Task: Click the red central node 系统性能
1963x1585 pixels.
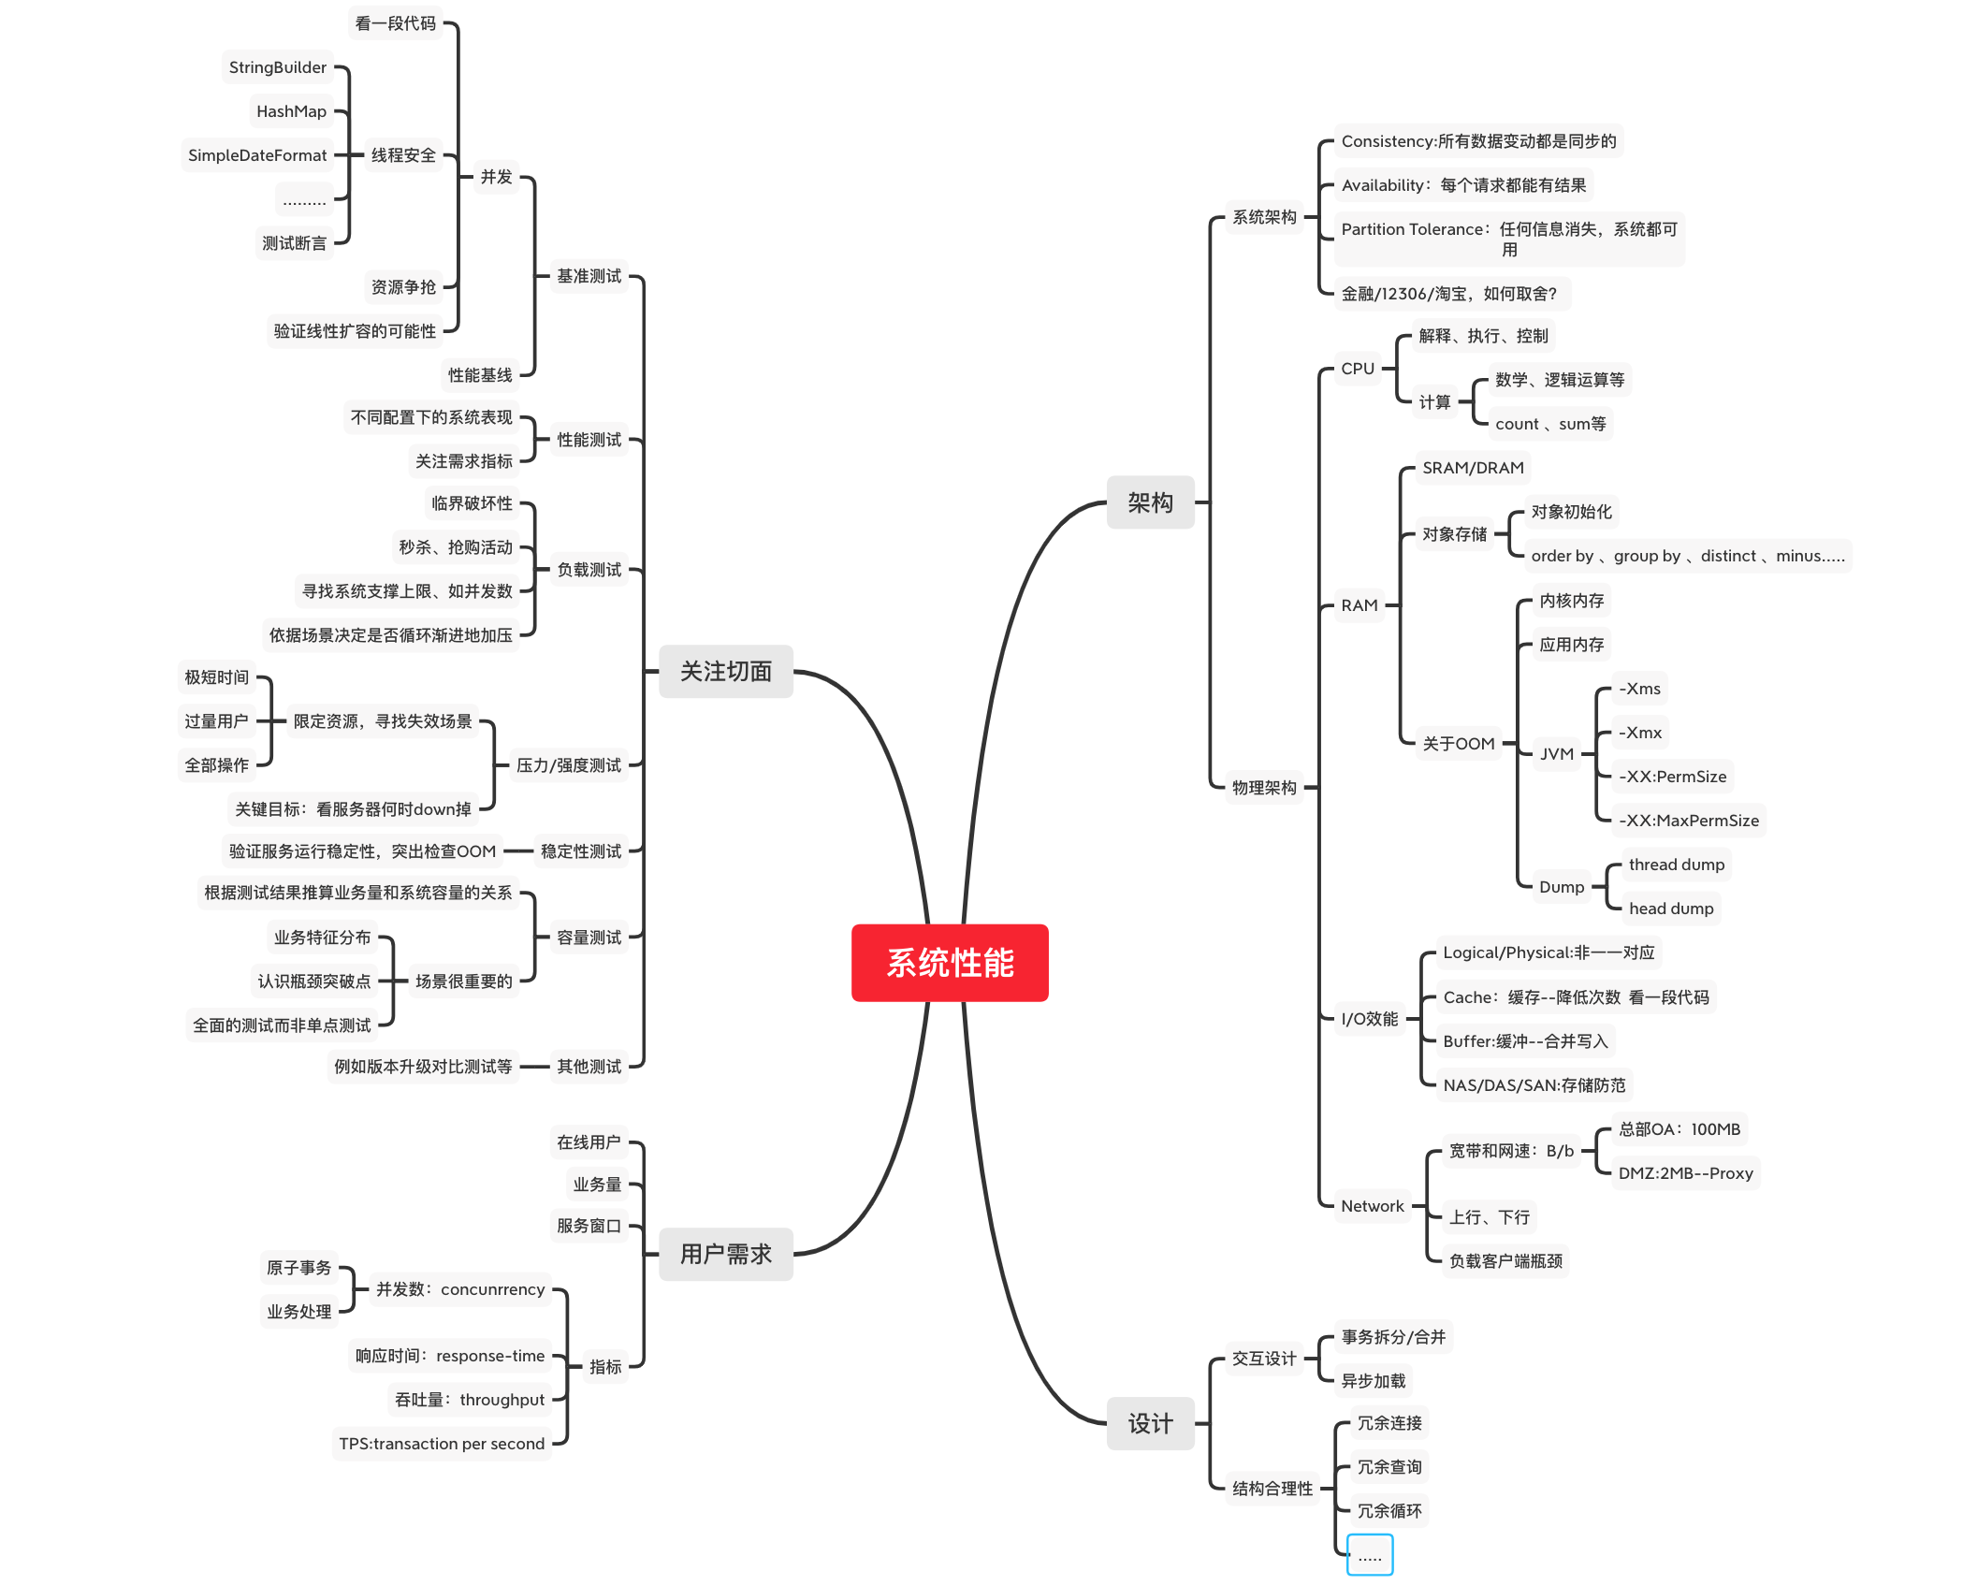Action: coord(949,963)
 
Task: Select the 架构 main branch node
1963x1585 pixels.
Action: coord(1150,502)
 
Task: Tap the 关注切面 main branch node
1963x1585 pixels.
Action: coord(725,671)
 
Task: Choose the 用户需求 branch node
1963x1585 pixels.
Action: coord(725,1254)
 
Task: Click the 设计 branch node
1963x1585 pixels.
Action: coord(1150,1423)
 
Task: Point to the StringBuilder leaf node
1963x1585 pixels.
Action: coord(278,67)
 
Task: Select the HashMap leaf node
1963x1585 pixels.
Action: coord(291,111)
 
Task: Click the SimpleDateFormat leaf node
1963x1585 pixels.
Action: coord(257,155)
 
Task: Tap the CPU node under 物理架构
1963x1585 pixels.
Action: coord(1357,369)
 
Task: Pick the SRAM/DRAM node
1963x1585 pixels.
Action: coord(1473,468)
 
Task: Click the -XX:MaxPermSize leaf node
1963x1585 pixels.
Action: coord(1688,821)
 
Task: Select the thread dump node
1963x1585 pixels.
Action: coord(1676,865)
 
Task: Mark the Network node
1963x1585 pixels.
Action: coord(1372,1206)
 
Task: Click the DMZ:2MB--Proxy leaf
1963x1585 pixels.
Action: coord(1685,1173)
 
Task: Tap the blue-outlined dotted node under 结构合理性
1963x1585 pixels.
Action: coord(1370,1555)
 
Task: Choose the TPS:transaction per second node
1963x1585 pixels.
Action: coord(442,1444)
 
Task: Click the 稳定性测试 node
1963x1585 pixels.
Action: coord(580,851)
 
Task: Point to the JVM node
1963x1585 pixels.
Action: coord(1557,754)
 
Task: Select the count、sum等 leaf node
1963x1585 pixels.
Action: coord(1549,424)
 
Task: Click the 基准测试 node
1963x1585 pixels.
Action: coord(589,276)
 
